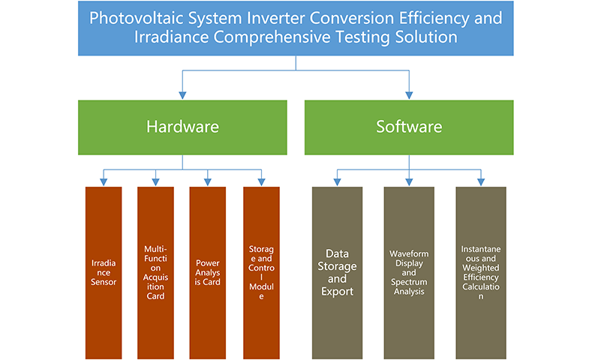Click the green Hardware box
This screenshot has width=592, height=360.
pos(182,127)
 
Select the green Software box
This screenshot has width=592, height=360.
pos(409,127)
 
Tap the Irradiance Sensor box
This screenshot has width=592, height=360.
pos(104,272)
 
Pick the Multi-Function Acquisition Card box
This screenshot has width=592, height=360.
pos(155,272)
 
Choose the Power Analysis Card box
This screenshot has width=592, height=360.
pos(208,272)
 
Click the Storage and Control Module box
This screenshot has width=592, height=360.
pos(261,272)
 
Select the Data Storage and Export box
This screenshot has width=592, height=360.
pos(337,272)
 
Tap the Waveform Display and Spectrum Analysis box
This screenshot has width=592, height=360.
pos(409,272)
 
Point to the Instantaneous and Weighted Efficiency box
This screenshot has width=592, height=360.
pos(481,272)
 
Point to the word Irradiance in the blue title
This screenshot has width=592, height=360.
pos(171,37)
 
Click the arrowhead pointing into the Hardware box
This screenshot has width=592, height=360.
pos(182,95)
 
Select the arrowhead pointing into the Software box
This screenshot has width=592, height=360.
pos(409,95)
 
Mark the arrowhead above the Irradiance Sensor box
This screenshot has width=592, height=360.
pos(104,182)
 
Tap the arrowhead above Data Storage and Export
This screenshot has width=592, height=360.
pos(337,182)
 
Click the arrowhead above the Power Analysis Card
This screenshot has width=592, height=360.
pos(208,182)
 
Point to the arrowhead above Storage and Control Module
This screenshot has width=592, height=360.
pos(261,182)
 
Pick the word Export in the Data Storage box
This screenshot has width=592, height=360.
pos(337,292)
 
